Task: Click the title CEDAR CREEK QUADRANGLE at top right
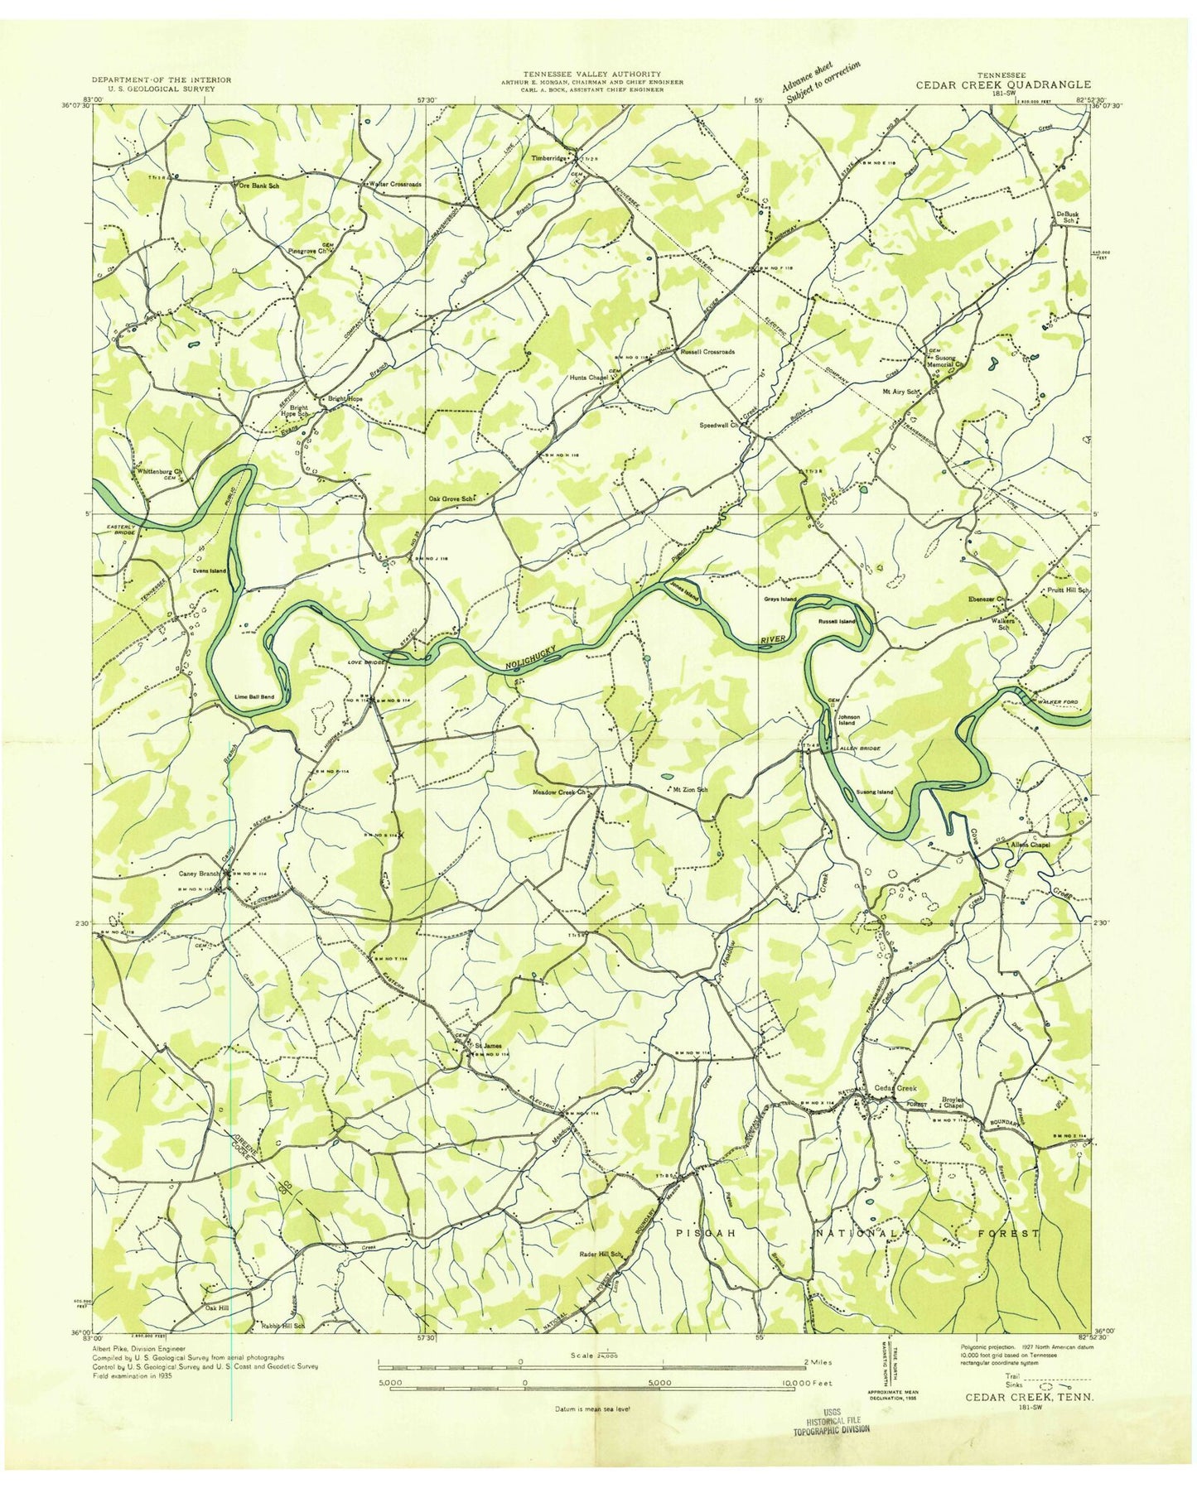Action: tap(1002, 84)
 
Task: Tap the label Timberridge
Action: tap(549, 158)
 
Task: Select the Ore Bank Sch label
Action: tap(258, 186)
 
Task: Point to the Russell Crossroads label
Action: tap(707, 352)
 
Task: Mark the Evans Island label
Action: tap(210, 571)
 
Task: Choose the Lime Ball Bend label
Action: tap(254, 696)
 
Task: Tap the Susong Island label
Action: tap(874, 792)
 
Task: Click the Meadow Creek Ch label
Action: tap(559, 792)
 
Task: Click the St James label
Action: tap(488, 1045)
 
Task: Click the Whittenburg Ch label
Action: tap(159, 472)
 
